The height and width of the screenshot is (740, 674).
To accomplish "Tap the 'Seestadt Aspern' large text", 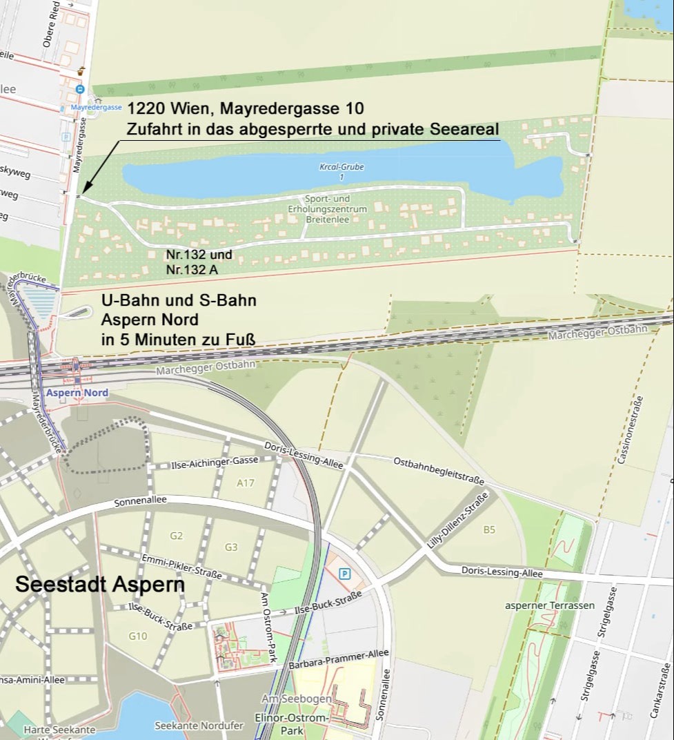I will [100, 584].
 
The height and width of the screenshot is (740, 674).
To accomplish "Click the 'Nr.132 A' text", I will [192, 270].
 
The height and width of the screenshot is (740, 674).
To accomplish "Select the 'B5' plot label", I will [489, 529].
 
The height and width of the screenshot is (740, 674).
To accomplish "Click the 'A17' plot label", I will [246, 483].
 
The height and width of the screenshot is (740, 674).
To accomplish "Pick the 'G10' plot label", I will [137, 636].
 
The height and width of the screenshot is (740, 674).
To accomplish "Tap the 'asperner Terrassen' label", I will [550, 605].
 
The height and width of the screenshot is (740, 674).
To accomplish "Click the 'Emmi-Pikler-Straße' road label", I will [181, 566].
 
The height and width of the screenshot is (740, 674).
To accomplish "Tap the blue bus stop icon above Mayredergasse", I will [80, 89].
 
